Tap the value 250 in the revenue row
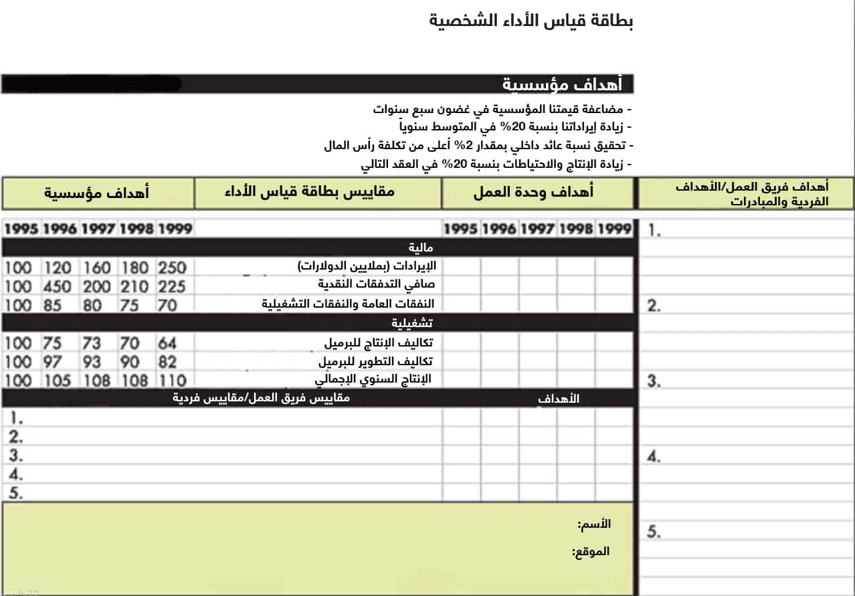(x=172, y=268)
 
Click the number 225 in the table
(x=172, y=286)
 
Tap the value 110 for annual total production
(x=172, y=381)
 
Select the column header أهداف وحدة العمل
(x=533, y=193)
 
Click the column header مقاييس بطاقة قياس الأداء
(x=309, y=192)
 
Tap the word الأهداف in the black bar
(x=559, y=399)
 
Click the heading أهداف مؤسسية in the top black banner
(x=562, y=85)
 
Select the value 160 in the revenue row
(x=96, y=268)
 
